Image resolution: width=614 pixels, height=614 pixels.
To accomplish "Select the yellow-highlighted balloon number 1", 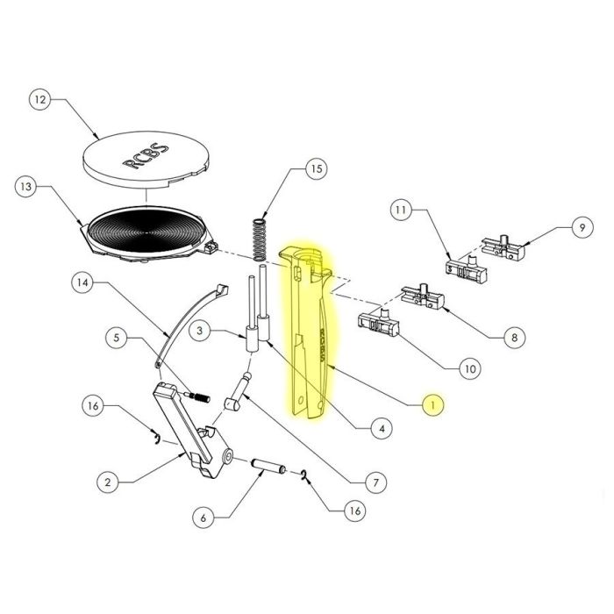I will click(432, 404).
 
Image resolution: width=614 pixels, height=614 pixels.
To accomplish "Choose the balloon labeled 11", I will click(401, 211).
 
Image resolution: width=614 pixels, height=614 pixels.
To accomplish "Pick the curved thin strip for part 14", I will click(189, 316).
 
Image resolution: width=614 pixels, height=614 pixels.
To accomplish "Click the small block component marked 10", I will click(378, 325).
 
